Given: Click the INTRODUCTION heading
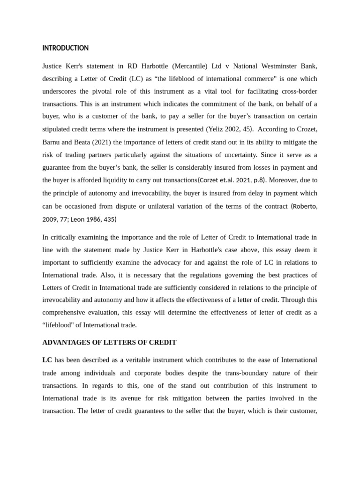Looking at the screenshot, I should pyautogui.click(x=65, y=48).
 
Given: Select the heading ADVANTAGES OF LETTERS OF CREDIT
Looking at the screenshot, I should pyautogui.click(x=109, y=342).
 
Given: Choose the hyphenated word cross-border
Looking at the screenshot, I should pyautogui.click(x=296, y=91).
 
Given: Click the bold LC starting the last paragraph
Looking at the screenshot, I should pyautogui.click(x=47, y=360).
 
